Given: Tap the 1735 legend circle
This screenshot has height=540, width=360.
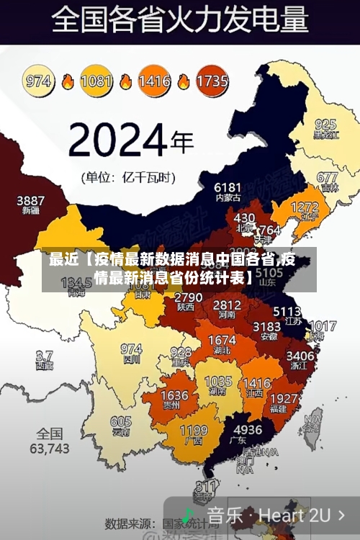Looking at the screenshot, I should (x=212, y=81).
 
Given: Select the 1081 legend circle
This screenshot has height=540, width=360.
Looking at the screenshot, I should (x=96, y=81).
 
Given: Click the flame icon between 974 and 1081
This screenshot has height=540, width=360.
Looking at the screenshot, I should (x=68, y=81).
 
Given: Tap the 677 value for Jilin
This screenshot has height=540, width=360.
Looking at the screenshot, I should (x=327, y=177).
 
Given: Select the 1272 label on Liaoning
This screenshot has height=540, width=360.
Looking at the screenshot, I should (x=305, y=207).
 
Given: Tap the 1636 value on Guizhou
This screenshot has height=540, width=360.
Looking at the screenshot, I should (x=174, y=396).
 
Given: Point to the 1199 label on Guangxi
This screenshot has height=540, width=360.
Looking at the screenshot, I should (x=193, y=431).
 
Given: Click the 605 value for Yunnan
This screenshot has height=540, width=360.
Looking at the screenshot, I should (x=121, y=422).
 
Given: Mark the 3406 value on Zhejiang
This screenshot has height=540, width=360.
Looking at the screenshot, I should (x=300, y=355).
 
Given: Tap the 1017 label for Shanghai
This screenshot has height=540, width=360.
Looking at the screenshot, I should (x=323, y=326).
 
